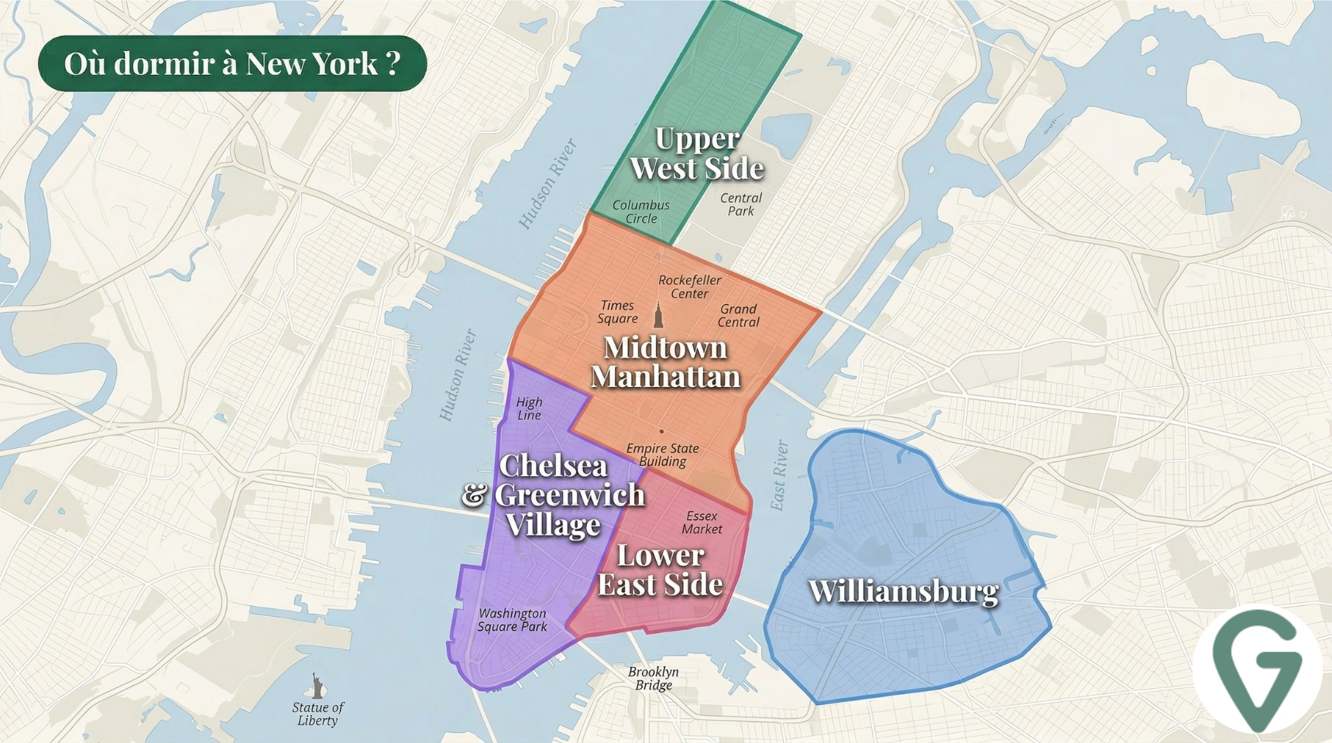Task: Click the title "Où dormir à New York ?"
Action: coord(232,63)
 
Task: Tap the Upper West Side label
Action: coord(697,153)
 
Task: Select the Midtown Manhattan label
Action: coord(665,361)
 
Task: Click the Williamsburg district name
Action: coord(903,591)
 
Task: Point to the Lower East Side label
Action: coord(661,570)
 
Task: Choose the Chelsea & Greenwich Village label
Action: coord(554,495)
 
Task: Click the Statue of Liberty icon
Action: coord(317,684)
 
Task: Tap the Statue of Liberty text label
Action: coord(318,714)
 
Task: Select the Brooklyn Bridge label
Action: coord(654,678)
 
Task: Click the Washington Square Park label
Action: coord(512,620)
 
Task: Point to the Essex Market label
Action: coord(702,522)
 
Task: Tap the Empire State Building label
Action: coord(662,454)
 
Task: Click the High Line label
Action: coord(529,409)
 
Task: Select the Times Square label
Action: coord(617,312)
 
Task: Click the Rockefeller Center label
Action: coord(689,286)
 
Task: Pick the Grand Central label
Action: coord(738,315)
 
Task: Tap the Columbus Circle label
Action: coord(641,211)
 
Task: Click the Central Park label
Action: coord(741,204)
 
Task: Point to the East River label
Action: coord(779,475)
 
